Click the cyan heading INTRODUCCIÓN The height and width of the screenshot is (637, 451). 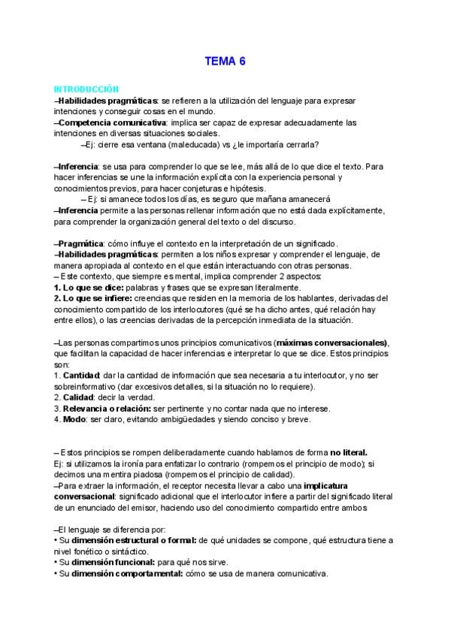point(86,89)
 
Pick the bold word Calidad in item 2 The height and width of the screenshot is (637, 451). point(78,397)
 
